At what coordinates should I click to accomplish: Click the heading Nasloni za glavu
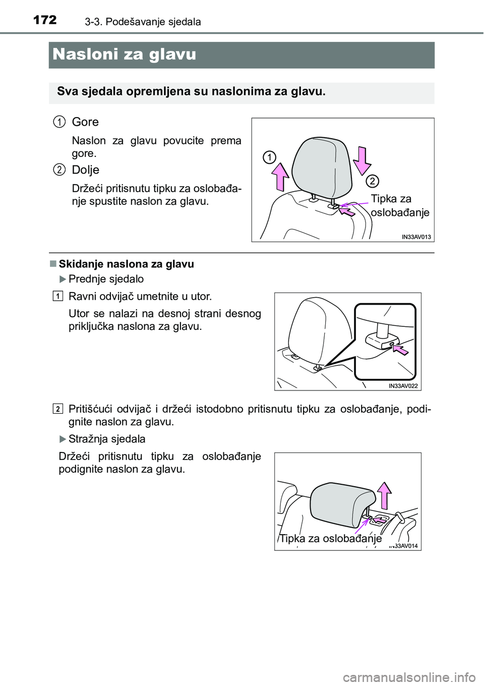pyautogui.click(x=124, y=54)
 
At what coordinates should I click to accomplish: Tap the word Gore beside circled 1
pyautogui.click(x=85, y=122)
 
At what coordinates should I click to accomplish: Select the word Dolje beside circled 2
pyautogui.click(x=85, y=169)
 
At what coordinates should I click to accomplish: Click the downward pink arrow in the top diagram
pyautogui.click(x=362, y=158)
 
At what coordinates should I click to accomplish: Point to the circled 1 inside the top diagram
pyautogui.click(x=269, y=157)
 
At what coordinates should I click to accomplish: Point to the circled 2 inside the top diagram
pyautogui.click(x=372, y=180)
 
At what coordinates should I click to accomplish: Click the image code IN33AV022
pyautogui.click(x=403, y=386)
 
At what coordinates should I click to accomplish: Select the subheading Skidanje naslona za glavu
pyautogui.click(x=126, y=264)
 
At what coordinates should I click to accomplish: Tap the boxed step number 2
pyautogui.click(x=58, y=408)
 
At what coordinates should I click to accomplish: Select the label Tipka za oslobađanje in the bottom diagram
pyautogui.click(x=330, y=539)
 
